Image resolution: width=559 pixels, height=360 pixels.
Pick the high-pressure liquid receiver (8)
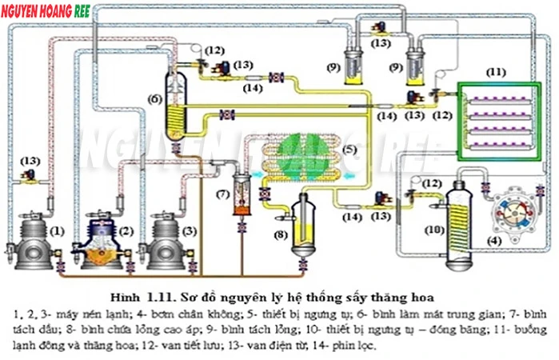(303, 224)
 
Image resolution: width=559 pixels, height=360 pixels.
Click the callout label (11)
(496, 71)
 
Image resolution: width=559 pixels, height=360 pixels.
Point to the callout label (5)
(349, 149)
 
